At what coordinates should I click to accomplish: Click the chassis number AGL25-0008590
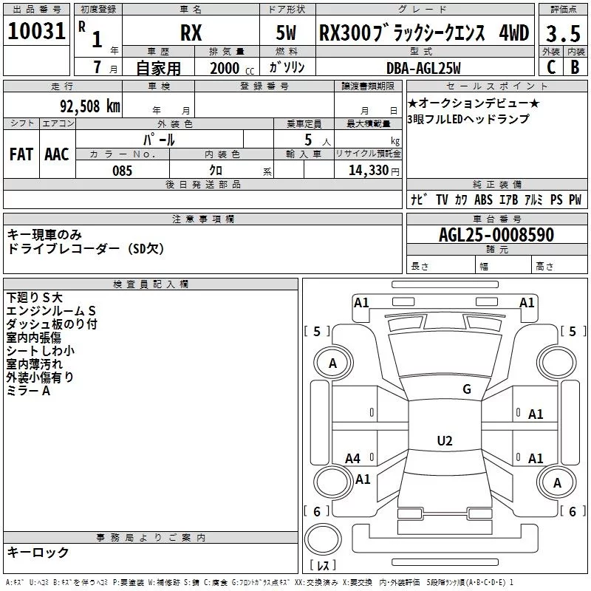[x=496, y=235]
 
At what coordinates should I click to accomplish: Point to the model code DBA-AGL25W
[x=423, y=68]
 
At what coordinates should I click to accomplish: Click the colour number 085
[x=122, y=171]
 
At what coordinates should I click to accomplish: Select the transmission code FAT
[x=21, y=154]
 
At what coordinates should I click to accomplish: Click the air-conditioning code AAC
[x=56, y=154]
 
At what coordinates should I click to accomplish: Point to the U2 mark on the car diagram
[x=444, y=441]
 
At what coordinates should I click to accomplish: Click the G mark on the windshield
[x=466, y=389]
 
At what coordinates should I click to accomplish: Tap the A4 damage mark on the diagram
[x=353, y=458]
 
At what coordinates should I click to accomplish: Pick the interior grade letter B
[x=575, y=67]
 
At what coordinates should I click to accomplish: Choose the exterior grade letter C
[x=550, y=67]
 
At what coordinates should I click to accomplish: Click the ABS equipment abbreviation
[x=483, y=199]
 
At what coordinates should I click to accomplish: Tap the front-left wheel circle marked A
[x=332, y=363]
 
